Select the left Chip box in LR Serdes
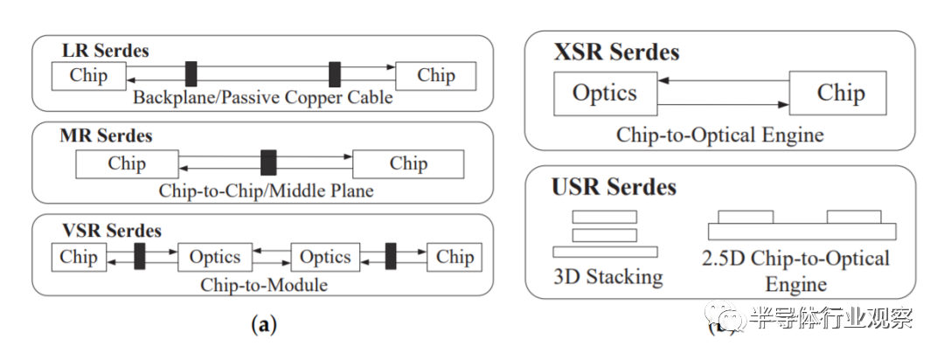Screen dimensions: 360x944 88,75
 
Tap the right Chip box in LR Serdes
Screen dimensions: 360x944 436,75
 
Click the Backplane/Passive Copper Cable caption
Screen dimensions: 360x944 263,98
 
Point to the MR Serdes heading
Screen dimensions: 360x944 106,135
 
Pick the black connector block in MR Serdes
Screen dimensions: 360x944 269,163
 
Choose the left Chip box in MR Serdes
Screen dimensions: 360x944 127,163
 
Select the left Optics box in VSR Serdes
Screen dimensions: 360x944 215,257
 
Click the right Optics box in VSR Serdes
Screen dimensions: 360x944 325,257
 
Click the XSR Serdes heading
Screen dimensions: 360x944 616,52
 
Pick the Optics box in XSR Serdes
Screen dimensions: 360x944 605,93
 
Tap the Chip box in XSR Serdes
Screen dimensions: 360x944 841,93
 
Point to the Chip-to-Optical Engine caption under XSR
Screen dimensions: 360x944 720,135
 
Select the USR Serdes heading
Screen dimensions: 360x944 614,186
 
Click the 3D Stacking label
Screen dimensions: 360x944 607,277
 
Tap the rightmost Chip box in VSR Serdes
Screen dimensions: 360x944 455,257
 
